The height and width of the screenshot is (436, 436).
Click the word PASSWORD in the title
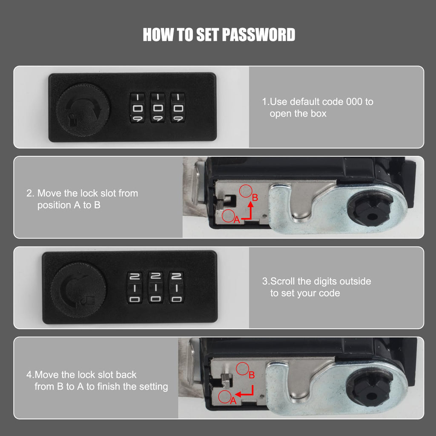pos(258,35)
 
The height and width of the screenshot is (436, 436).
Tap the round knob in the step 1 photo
pos(83,110)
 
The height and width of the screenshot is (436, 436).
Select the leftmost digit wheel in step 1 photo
pos(138,108)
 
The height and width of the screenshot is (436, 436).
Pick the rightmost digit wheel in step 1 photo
pos(178,108)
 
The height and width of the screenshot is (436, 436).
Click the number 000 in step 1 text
pos(354,102)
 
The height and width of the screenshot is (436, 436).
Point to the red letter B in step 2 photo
pos(255,198)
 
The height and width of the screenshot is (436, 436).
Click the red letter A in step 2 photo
pos(237,220)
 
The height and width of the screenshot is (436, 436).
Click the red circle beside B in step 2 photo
pos(246,191)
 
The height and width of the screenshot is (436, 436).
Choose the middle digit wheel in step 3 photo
pos(155,287)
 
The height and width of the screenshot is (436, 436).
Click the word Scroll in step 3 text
pos(283,281)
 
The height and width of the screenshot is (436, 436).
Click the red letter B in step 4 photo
pos(252,375)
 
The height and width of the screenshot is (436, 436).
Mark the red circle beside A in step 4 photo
pos(225,397)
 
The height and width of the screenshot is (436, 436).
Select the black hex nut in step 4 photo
pos(369,389)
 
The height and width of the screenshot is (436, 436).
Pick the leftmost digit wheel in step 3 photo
pos(135,287)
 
